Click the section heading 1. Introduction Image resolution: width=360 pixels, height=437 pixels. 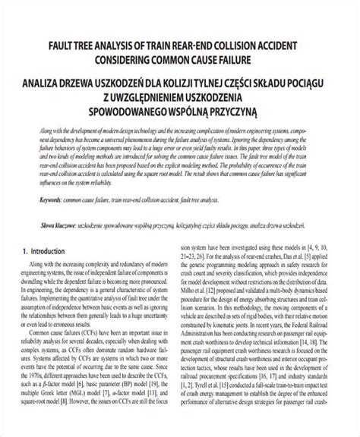coord(47,250)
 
